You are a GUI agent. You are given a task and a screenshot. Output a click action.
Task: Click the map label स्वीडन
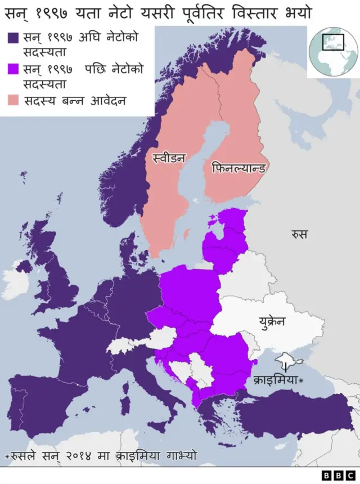pos(169,158)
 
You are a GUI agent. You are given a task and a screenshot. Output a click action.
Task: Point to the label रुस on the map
pos(299,234)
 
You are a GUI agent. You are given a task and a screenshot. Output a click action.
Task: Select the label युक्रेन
pos(272,322)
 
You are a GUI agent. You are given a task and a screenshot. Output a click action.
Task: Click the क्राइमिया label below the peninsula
pos(276,380)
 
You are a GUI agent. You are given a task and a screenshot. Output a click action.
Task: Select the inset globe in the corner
pos(334,51)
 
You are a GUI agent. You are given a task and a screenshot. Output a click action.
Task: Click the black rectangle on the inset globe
pos(333,42)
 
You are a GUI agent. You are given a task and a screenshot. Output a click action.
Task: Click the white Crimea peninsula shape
pos(289,358)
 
